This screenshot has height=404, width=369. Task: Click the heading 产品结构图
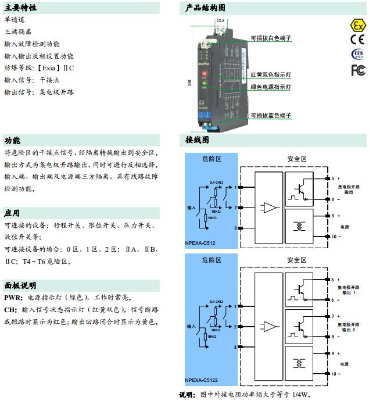206,8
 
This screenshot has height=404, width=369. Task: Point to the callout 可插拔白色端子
271,38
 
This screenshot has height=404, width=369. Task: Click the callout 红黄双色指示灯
271,75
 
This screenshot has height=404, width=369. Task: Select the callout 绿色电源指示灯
271,87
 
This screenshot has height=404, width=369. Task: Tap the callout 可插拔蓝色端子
271,116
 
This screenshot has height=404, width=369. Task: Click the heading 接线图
198,140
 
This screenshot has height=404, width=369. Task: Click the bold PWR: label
12,298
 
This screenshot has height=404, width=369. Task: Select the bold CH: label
10,309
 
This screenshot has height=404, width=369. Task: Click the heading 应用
12,213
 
